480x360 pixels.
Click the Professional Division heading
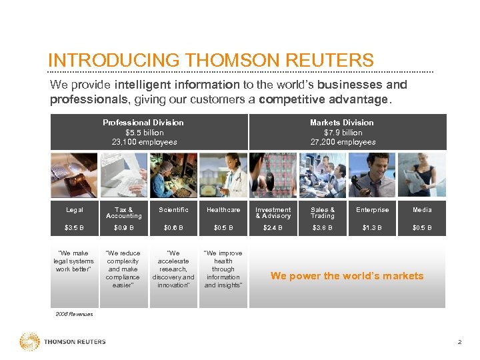point(143,123)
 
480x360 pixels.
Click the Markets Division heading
point(341,123)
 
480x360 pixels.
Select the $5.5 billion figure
point(144,132)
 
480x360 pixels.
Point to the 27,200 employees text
point(343,142)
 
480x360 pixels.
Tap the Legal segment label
point(75,210)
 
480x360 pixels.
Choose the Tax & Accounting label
point(124,213)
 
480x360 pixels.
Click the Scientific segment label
point(173,210)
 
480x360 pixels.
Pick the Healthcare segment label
point(223,210)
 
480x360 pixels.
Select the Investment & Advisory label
point(273,213)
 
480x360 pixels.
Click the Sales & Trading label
point(323,213)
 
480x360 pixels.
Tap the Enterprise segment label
point(372,210)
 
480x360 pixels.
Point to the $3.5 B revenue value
point(75,228)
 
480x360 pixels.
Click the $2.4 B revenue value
point(273,228)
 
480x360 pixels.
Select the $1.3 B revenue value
point(372,228)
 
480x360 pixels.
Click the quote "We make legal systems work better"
point(73,261)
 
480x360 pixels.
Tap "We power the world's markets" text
point(347,276)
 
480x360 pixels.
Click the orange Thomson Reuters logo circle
point(29,342)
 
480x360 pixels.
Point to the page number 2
point(459,342)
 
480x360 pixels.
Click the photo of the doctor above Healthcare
point(223,175)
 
